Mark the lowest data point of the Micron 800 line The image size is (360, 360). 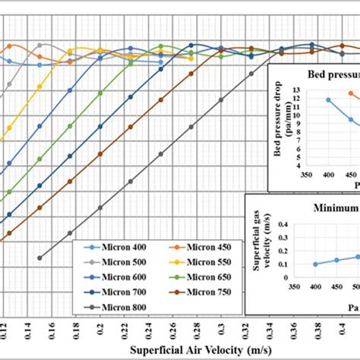[39, 257]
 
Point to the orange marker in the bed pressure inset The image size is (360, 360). [350, 93]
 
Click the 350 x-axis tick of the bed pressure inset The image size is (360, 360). [307, 174]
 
